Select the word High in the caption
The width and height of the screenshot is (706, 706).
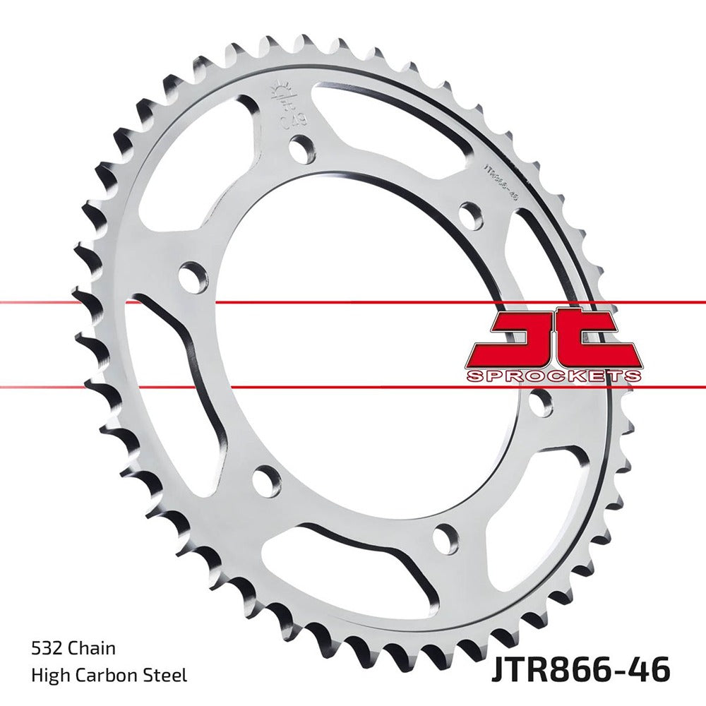[47, 676]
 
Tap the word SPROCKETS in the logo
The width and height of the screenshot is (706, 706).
[554, 376]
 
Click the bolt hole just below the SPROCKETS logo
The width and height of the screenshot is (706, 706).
[540, 402]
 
